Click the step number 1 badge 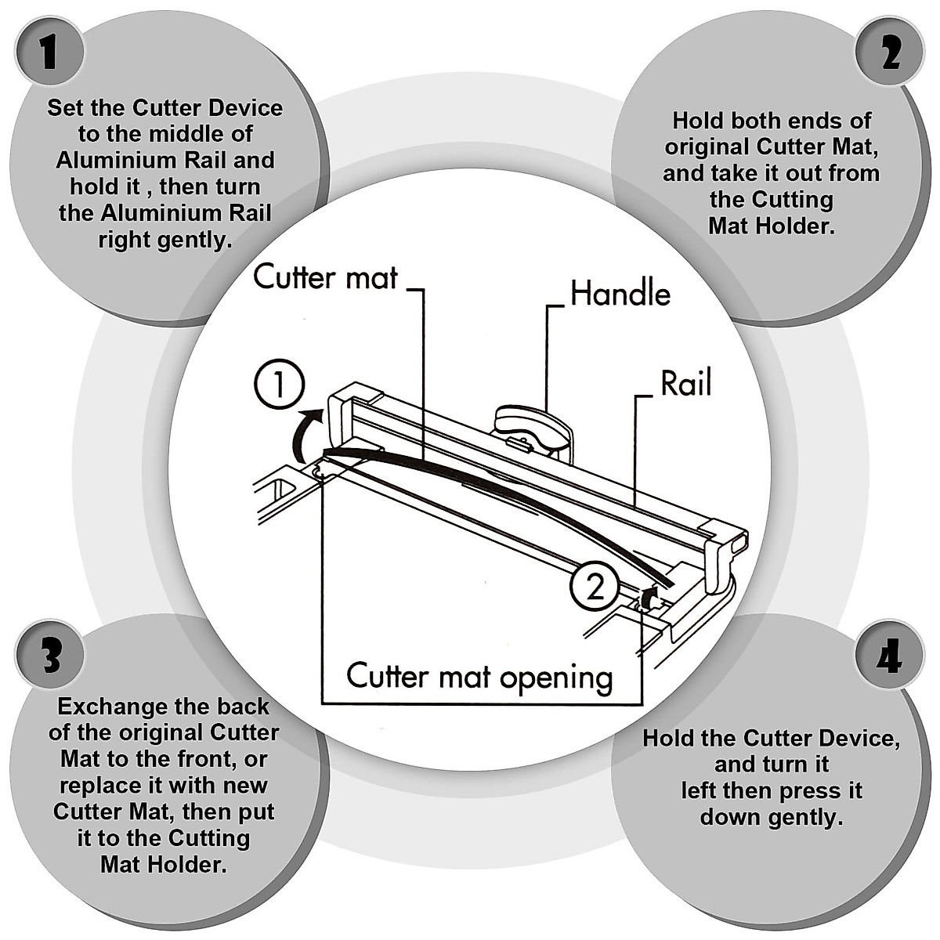(x=49, y=52)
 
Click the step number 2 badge (x=890, y=52)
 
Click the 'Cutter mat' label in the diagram (x=325, y=277)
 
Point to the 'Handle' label (x=620, y=294)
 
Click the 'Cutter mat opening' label (x=479, y=677)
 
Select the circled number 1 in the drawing (x=280, y=384)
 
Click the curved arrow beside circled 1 (x=306, y=435)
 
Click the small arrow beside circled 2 (x=649, y=599)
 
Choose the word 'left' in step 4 (x=698, y=790)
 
